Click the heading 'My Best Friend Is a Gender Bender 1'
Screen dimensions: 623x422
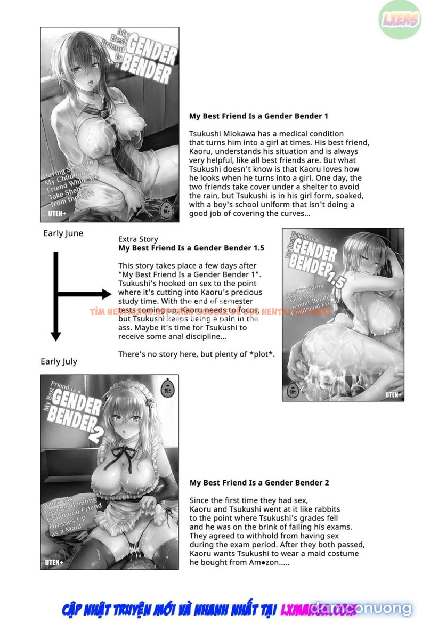pos(258,116)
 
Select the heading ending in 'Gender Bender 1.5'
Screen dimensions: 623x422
pos(191,248)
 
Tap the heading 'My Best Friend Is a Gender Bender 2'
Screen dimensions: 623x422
pos(259,483)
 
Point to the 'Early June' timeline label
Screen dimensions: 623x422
pos(63,233)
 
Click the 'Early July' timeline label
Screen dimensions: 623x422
pos(59,361)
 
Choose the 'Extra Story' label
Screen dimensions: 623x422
pos(138,239)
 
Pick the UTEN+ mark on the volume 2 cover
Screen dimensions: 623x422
pos(58,562)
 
